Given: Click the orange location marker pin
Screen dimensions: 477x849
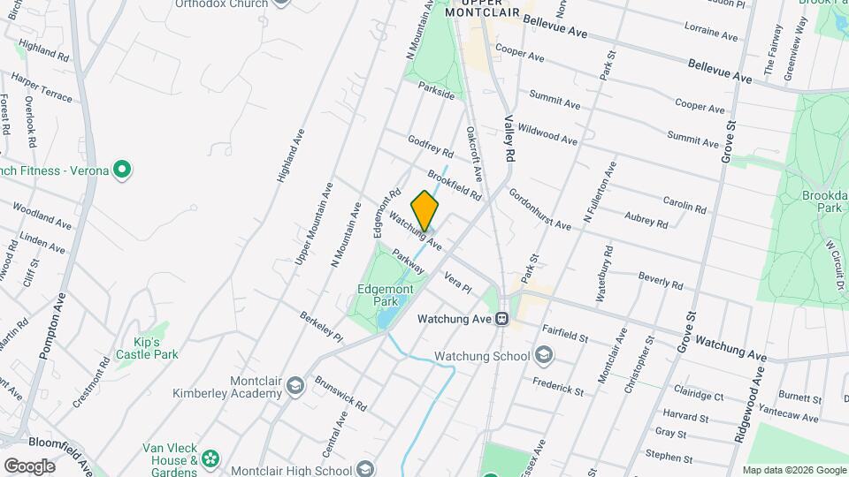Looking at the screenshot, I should pos(424,210).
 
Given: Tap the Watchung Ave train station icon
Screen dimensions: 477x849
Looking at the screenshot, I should pos(501,318).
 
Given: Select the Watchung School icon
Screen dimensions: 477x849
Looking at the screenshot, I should pos(545,356).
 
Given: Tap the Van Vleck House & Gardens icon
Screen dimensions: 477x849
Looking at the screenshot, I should pos(210,458).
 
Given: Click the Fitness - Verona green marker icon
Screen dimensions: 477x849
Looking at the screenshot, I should pos(123,169).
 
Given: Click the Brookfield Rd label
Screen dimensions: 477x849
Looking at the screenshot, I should pos(454,178).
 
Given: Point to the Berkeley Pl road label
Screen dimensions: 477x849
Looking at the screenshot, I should pos(320,326).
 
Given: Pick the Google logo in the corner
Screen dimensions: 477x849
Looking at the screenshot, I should pos(29,466).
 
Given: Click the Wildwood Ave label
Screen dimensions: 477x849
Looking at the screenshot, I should pos(547,135).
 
